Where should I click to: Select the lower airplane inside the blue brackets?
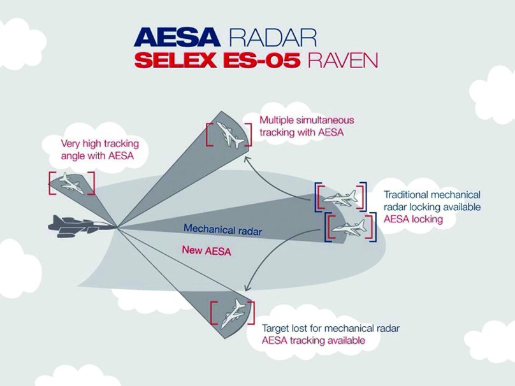348,227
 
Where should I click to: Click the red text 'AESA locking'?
413,218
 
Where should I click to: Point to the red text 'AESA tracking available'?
314,341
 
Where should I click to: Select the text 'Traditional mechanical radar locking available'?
432,201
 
